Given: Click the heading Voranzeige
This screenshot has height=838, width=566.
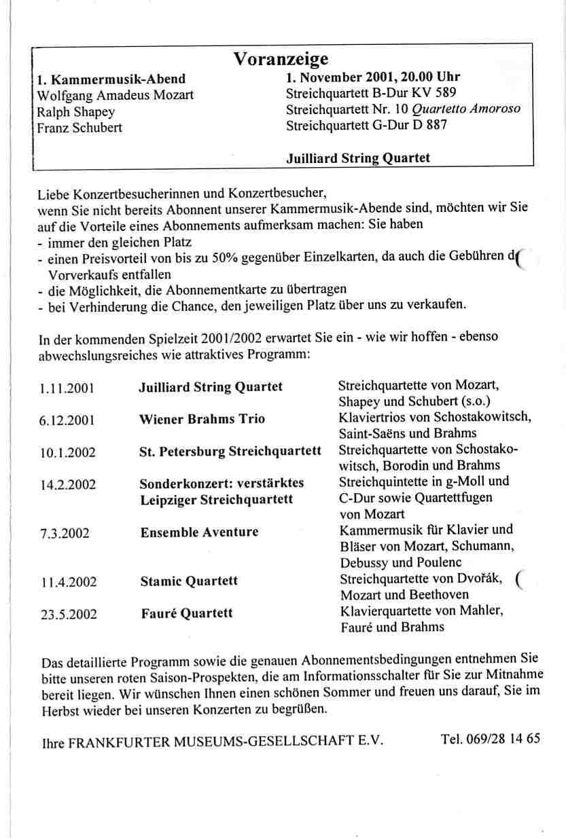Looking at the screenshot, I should [281, 58].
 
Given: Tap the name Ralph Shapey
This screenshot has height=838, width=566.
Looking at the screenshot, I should [75, 111].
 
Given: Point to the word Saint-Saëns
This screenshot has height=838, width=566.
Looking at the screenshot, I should [370, 433].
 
